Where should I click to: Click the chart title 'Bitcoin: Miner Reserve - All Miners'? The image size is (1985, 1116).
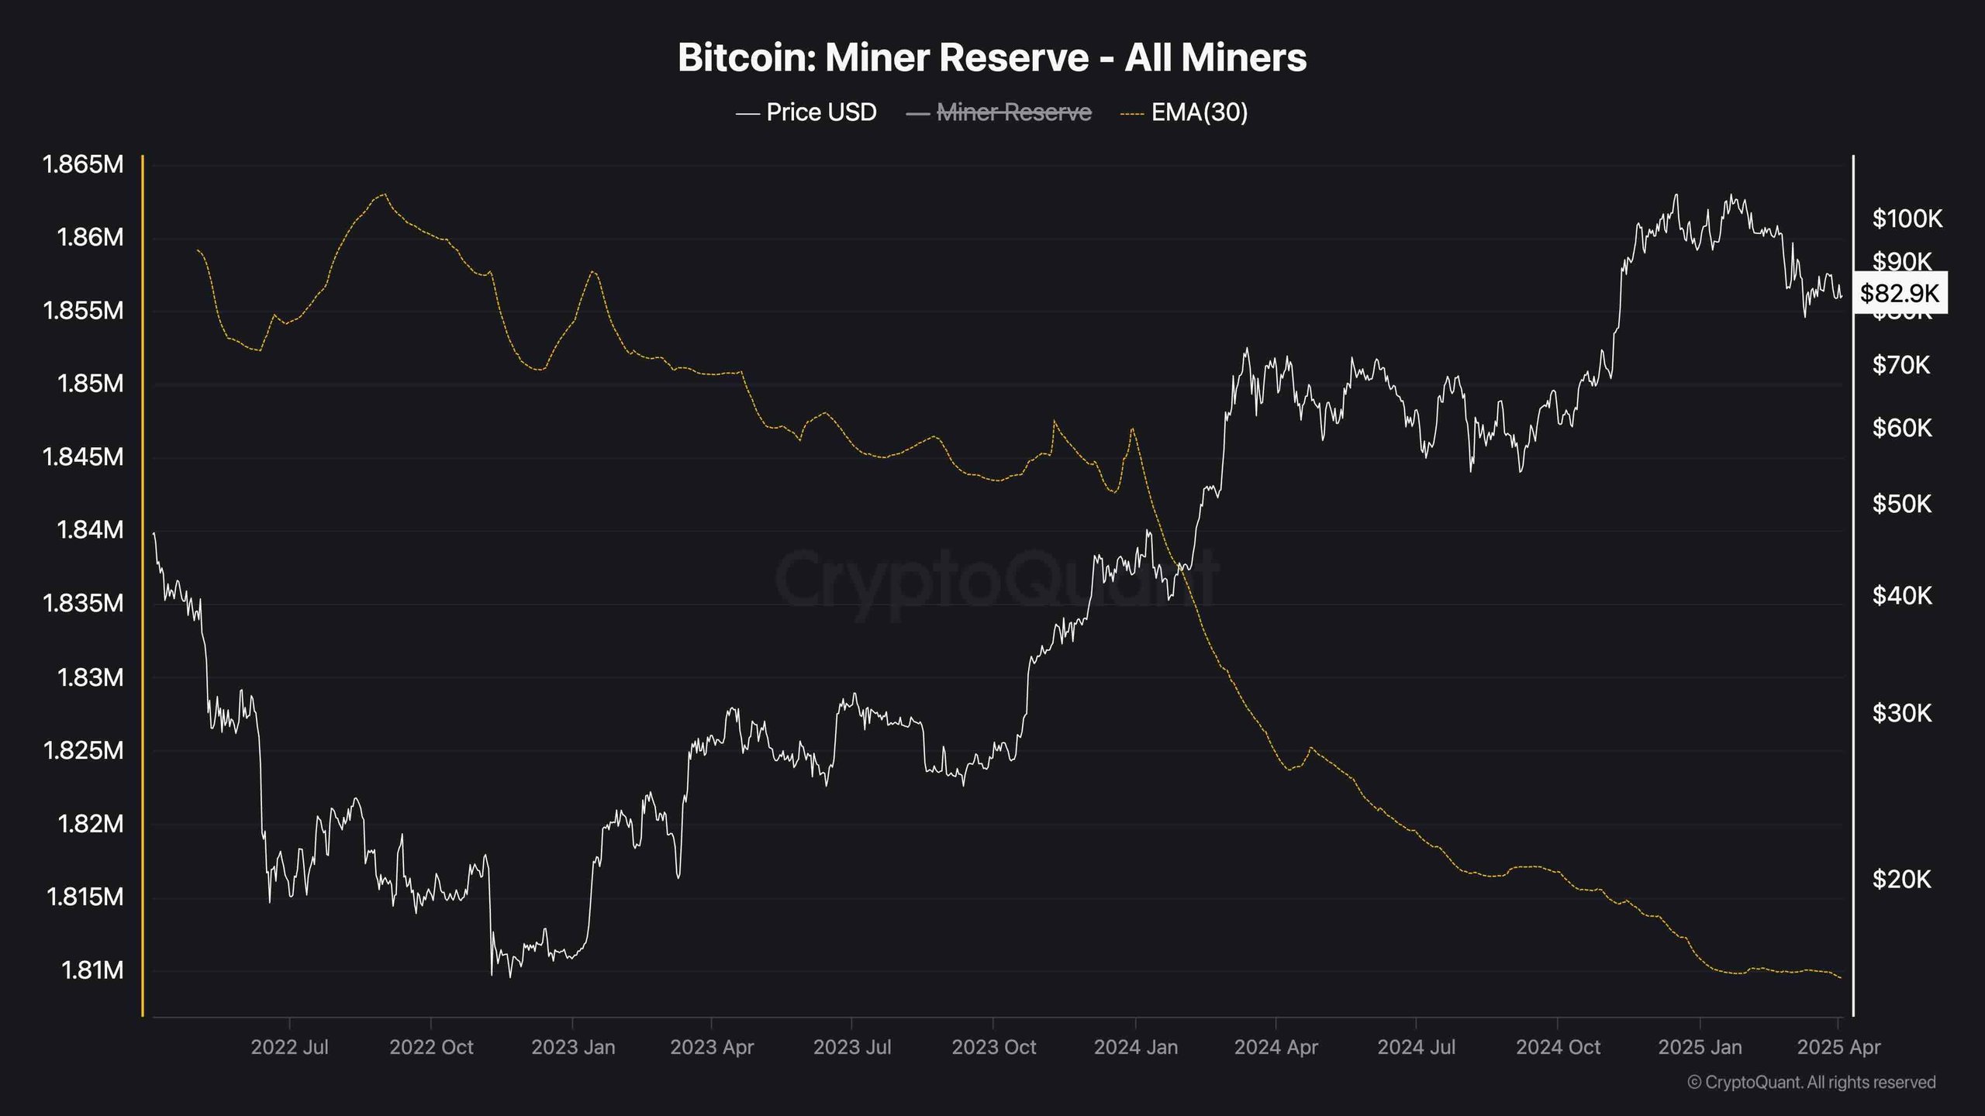pyautogui.click(x=992, y=57)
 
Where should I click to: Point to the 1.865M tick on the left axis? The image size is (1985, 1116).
pyautogui.click(x=82, y=164)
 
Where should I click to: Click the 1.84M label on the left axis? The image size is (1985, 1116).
pyautogui.click(x=90, y=530)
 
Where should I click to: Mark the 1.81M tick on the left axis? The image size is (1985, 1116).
pyautogui.click(x=91, y=970)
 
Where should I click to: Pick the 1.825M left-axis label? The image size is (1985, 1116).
pyautogui.click(x=82, y=750)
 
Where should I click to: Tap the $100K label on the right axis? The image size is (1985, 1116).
pyautogui.click(x=1907, y=219)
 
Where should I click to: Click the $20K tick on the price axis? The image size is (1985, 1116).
pyautogui.click(x=1901, y=879)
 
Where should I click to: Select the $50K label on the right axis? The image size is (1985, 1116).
pyautogui.click(x=1901, y=504)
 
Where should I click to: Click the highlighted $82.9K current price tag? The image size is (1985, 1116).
pyautogui.click(x=1899, y=293)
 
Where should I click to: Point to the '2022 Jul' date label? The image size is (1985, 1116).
pyautogui.click(x=289, y=1047)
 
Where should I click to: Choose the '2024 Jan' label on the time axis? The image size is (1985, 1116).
pyautogui.click(x=1135, y=1047)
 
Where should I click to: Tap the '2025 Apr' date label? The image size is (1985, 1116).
pyautogui.click(x=1838, y=1047)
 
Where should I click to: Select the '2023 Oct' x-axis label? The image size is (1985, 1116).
pyautogui.click(x=993, y=1047)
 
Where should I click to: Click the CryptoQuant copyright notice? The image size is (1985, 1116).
pyautogui.click(x=1811, y=1083)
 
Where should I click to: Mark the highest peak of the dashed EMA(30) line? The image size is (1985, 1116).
pyautogui.click(x=385, y=194)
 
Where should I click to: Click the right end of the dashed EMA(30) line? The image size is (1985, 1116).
pyautogui.click(x=1840, y=977)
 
